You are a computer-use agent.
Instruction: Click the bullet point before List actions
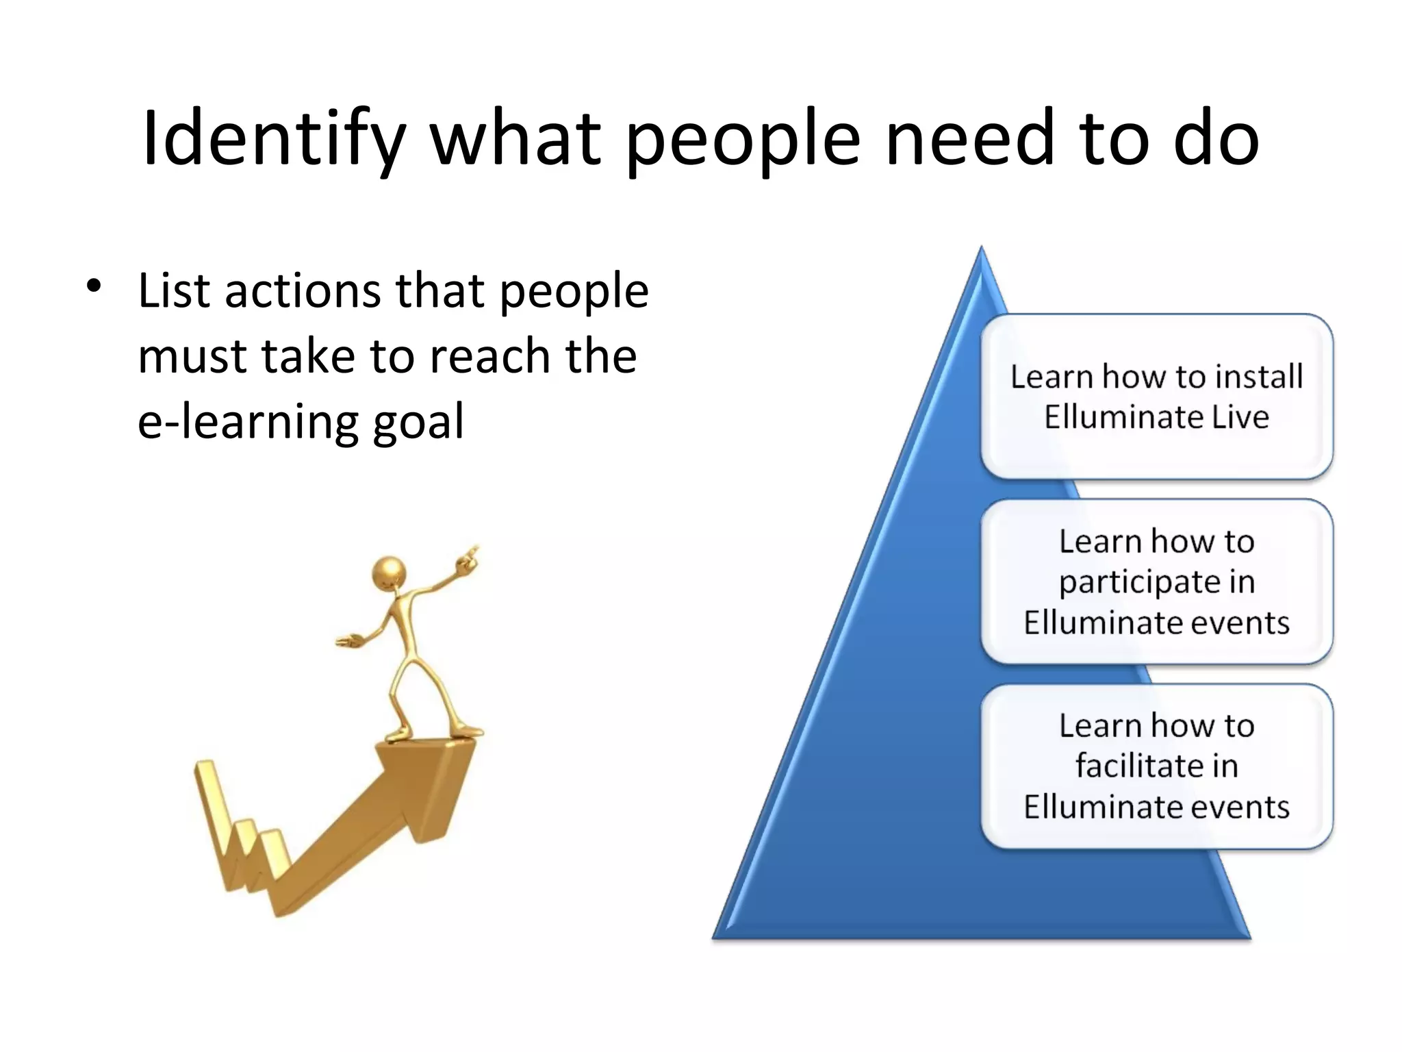pos(94,286)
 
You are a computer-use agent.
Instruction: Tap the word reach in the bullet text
pos(490,357)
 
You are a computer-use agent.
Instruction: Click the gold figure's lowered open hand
pos(350,641)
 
